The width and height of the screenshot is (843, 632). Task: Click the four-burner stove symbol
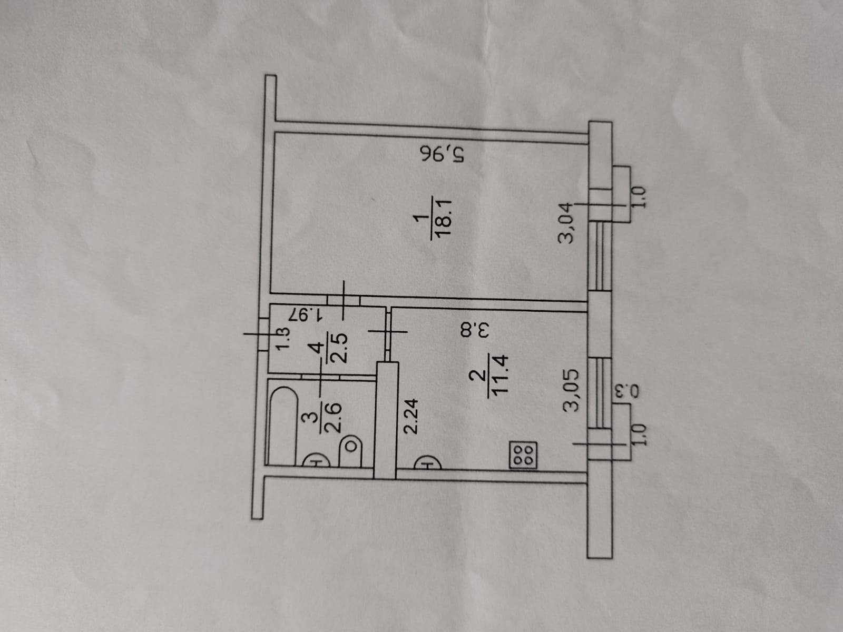coord(523,456)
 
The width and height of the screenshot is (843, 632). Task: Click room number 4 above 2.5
coord(316,350)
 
